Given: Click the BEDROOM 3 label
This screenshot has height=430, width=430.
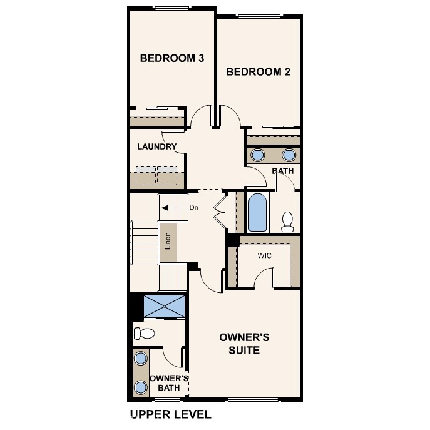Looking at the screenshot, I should [172, 58].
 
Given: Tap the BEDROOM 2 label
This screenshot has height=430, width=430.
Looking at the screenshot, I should [258, 72].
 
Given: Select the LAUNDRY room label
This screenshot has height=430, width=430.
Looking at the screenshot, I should [157, 147].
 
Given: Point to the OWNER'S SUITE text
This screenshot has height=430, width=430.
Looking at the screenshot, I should [244, 344].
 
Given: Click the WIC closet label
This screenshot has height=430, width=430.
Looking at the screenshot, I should [264, 256].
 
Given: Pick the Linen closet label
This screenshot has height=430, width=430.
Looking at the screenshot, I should [168, 241].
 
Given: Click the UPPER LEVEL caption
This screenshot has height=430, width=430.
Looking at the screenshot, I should [170, 414].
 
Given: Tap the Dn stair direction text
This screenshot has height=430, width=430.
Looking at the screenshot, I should [193, 207].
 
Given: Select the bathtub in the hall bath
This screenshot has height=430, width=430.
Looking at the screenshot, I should [257, 212].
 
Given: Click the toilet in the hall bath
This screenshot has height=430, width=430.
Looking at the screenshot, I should [288, 221].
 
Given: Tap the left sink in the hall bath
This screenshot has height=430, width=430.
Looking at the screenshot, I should [257, 155].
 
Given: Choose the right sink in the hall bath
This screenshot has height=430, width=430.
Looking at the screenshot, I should [289, 155].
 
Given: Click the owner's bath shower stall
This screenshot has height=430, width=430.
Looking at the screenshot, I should [165, 307].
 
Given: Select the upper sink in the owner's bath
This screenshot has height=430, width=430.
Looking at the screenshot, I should [141, 358].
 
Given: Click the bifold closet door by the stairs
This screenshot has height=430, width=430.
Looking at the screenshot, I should [220, 212].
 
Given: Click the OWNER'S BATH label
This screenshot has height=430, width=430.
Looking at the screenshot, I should [169, 383].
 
